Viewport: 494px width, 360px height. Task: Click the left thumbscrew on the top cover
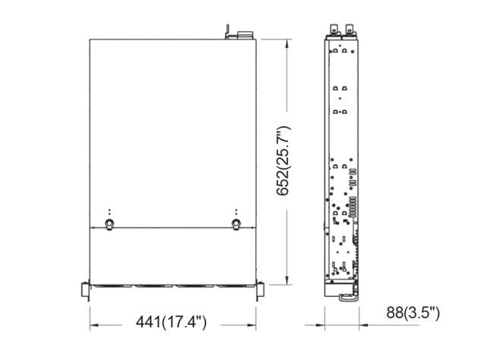tap(109, 224)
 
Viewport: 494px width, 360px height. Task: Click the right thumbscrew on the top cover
tap(236, 224)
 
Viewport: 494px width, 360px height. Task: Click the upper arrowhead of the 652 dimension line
tap(286, 43)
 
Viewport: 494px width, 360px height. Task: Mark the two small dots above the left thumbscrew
tap(109, 211)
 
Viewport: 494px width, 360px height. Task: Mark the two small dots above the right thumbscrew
tap(236, 211)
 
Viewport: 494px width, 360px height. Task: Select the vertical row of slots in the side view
tap(351, 206)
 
